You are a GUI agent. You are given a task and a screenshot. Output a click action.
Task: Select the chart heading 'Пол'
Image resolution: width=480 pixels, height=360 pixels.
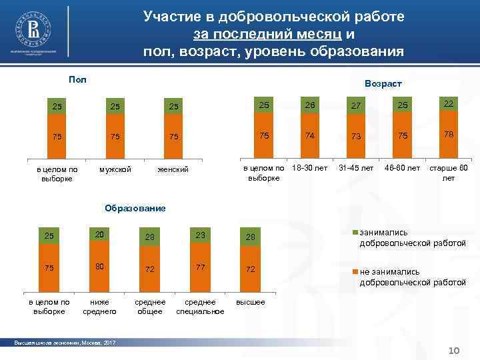tap(77, 79)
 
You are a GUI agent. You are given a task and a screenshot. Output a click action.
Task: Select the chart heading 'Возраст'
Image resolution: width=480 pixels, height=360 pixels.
tap(383, 84)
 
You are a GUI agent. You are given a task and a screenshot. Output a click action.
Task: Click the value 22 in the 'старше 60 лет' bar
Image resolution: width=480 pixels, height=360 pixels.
tap(447, 104)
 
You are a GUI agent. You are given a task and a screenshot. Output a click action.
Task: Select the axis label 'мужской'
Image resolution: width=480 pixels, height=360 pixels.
tap(115, 169)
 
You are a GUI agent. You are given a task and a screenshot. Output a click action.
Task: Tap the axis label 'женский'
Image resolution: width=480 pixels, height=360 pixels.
tap(173, 169)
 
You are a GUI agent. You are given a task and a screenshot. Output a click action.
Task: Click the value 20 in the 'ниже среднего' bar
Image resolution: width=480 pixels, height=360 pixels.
tap(99, 233)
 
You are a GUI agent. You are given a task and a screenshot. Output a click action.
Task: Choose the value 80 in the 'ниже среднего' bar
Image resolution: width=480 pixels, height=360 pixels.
tap(99, 267)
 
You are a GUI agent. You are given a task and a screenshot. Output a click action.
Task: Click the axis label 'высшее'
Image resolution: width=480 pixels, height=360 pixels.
tap(250, 302)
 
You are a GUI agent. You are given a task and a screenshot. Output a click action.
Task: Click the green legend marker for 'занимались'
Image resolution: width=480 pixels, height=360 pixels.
tap(355, 233)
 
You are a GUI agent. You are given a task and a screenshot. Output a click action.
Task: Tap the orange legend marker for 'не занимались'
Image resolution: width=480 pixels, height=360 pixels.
tap(355, 272)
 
